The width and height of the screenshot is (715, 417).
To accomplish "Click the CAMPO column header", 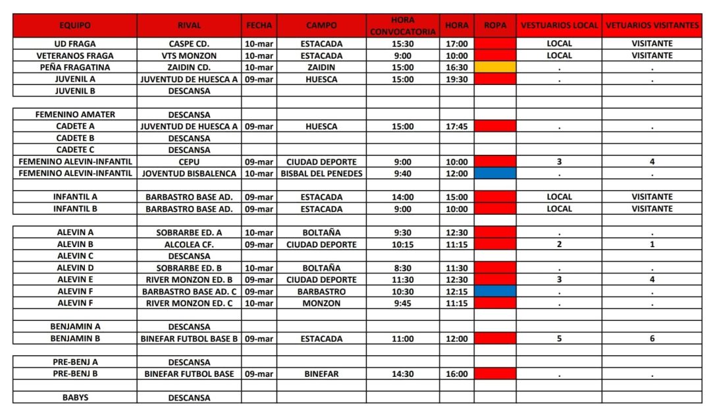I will (x=321, y=26).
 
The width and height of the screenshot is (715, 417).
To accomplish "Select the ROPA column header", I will (x=494, y=26).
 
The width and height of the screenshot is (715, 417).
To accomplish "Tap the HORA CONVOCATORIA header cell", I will (x=403, y=26).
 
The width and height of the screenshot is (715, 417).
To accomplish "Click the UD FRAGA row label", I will (x=75, y=43).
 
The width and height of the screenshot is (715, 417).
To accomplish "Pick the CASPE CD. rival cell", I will (x=189, y=43).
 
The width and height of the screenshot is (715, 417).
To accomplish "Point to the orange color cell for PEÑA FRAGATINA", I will (x=494, y=67).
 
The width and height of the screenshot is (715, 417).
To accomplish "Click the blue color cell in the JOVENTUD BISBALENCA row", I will (x=494, y=174).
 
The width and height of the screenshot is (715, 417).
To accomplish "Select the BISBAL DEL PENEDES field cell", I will (x=321, y=174).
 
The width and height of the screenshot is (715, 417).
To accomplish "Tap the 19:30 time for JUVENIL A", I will (x=457, y=79).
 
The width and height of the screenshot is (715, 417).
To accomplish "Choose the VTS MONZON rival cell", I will (x=189, y=55).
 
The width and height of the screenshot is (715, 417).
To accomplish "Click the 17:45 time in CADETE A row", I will (x=457, y=126).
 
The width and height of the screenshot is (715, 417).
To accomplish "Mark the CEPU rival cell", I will (x=189, y=162).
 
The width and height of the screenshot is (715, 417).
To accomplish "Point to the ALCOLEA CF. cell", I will (x=189, y=244).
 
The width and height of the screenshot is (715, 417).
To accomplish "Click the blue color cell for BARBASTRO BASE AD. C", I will (x=494, y=291).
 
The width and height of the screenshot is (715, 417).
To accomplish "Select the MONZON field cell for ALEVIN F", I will (x=321, y=303).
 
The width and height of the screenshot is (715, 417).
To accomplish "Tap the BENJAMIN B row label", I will (x=75, y=339).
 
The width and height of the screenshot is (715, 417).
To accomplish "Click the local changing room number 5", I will (x=559, y=339).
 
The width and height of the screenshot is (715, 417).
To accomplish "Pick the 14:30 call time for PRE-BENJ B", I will (x=403, y=374).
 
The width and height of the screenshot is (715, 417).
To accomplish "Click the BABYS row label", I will (x=75, y=398).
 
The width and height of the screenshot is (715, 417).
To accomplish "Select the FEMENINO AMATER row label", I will (x=75, y=115).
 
